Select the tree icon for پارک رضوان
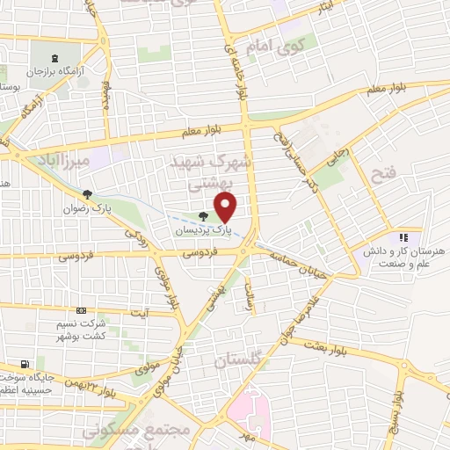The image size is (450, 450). (86, 194)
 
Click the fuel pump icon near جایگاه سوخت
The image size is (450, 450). (25, 364)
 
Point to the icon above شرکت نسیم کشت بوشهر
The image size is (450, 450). (81, 310)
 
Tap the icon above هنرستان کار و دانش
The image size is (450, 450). (403, 236)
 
